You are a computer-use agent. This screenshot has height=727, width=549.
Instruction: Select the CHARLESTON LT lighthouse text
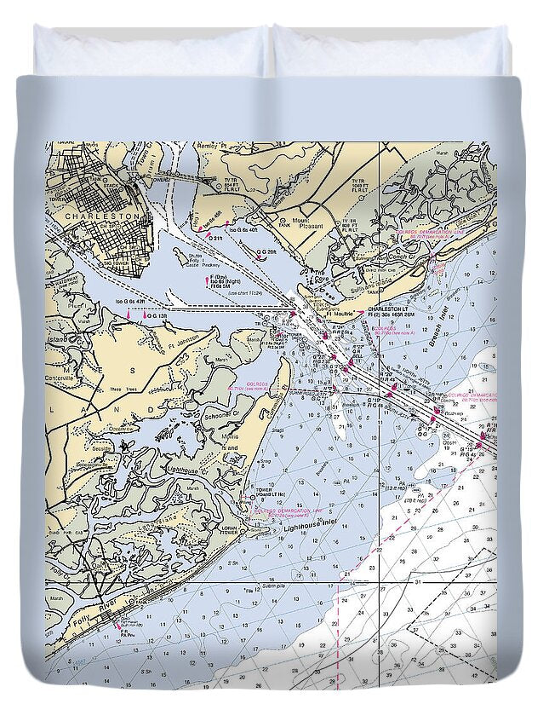coord(387,309)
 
